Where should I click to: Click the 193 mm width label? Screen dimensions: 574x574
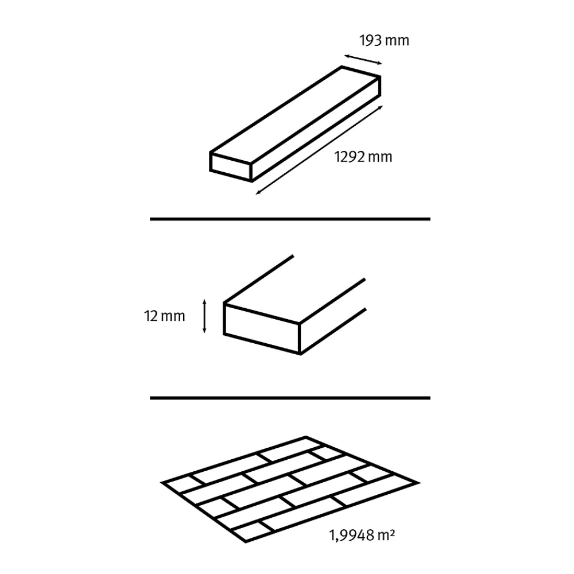pyautogui.click(x=384, y=40)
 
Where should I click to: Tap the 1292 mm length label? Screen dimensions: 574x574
pyautogui.click(x=363, y=157)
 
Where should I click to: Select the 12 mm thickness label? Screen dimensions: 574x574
pyautogui.click(x=164, y=316)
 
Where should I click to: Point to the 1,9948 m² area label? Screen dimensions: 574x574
pyautogui.click(x=362, y=535)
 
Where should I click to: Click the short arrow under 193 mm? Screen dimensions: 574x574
pyautogui.click(x=363, y=60)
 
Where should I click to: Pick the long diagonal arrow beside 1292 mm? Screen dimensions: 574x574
pyautogui.click(x=319, y=150)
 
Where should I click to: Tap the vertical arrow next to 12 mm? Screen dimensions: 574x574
pyautogui.click(x=204, y=316)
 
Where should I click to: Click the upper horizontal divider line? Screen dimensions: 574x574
pyautogui.click(x=290, y=219)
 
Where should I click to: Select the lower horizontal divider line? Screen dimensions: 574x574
pyautogui.click(x=290, y=398)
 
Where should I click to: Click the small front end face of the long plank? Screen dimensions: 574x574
pyautogui.click(x=231, y=166)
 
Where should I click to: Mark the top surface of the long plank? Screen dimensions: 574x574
pyautogui.click(x=296, y=114)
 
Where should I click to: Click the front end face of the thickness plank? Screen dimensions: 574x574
pyautogui.click(x=262, y=329)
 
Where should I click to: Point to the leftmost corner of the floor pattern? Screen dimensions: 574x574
pyautogui.click(x=161, y=483)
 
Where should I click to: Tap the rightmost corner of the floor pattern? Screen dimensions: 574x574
pyautogui.click(x=419, y=483)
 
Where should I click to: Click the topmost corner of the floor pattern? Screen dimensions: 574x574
pyautogui.click(x=306, y=437)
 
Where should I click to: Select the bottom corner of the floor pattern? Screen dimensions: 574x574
pyautogui.click(x=245, y=542)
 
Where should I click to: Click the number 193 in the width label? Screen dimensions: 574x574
pyautogui.click(x=371, y=40)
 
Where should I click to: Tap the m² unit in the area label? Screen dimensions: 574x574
pyautogui.click(x=386, y=535)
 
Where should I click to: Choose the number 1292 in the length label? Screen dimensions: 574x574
pyautogui.click(x=350, y=157)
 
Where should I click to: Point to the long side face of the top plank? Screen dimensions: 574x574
pyautogui.click(x=316, y=129)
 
